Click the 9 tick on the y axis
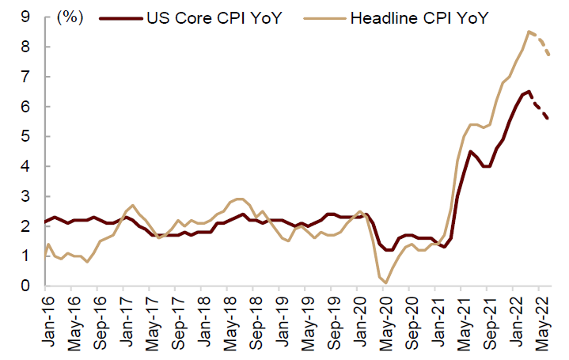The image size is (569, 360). coord(26,17)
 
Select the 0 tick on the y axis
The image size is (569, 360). coord(26,286)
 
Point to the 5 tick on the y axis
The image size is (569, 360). coord(26,136)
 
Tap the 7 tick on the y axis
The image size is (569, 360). coord(26,77)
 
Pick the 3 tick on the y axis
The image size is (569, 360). coord(26,196)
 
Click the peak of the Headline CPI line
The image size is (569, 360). coord(529,32)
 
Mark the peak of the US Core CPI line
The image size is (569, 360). coord(529,91)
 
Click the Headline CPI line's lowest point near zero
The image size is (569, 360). coord(386,282)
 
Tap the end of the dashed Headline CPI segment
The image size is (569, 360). coord(549,55)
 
